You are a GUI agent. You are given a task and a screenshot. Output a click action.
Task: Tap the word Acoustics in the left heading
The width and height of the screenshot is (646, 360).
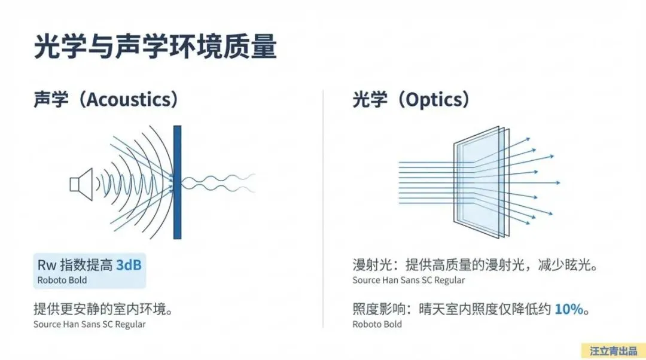coord(131,99)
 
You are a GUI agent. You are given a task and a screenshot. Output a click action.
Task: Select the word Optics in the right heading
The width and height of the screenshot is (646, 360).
coord(435,99)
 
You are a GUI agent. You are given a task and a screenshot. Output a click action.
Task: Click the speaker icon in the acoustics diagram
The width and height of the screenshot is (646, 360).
coord(81,182)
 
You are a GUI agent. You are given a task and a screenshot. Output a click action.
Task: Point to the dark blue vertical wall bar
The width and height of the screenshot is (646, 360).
coord(177,182)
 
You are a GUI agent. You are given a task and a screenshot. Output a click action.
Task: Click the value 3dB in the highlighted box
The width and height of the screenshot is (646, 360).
coord(129,264)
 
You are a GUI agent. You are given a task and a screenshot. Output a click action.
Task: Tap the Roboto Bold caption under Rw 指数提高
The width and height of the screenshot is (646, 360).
coord(62,280)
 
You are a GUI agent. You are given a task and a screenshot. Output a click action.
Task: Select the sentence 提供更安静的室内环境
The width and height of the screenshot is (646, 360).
coord(103,310)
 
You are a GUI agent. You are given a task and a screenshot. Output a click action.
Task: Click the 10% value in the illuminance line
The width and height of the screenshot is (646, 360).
coord(568,310)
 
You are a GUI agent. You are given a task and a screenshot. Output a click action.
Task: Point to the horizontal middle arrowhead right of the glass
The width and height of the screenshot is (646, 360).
coord(557,182)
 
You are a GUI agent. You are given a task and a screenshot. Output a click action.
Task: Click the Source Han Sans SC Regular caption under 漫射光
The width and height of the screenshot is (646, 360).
coord(409,280)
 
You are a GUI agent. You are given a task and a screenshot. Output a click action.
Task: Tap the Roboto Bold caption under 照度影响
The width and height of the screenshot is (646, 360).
coord(377,325)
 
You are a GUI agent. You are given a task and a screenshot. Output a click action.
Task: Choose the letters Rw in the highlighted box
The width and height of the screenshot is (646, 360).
coord(45,264)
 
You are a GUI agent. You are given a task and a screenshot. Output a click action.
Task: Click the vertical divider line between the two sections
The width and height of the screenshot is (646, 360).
coord(323,209)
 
